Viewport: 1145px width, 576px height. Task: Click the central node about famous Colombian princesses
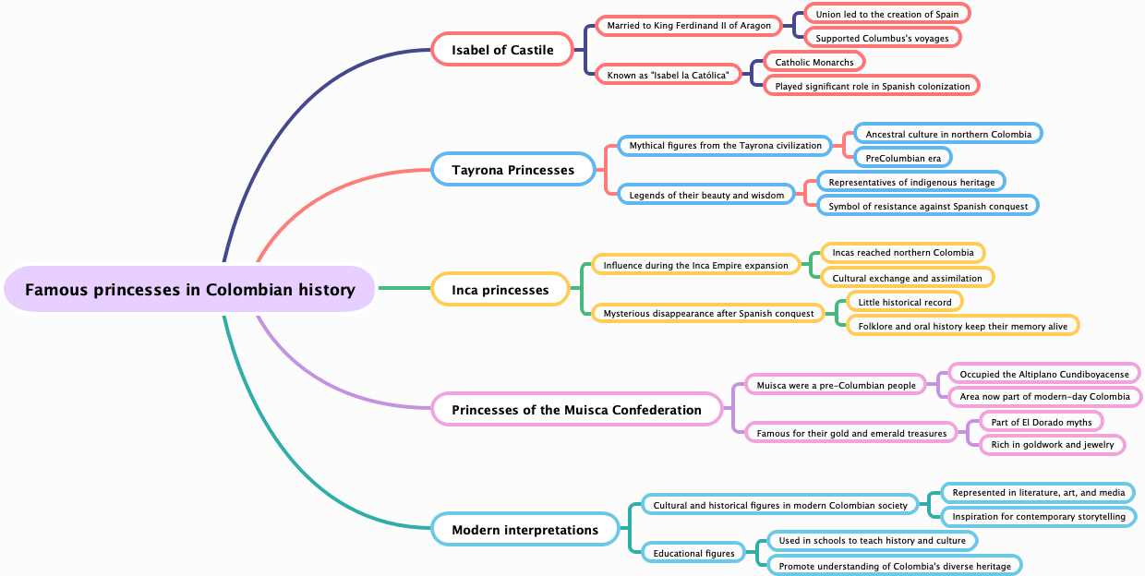[189, 290]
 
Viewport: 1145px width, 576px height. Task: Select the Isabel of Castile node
[502, 50]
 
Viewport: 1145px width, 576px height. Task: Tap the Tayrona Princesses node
[512, 170]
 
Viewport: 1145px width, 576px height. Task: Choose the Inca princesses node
[500, 290]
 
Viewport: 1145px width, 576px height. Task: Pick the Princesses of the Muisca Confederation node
[576, 410]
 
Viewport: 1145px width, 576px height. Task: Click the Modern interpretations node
[524, 530]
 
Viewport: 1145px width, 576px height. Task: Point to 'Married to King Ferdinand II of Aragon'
[688, 26]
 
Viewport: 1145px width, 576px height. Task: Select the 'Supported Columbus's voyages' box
[882, 38]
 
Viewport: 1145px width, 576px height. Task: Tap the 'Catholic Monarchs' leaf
[814, 62]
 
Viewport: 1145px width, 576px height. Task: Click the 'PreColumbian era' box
[902, 158]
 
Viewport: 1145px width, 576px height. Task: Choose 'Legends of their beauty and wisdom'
[705, 195]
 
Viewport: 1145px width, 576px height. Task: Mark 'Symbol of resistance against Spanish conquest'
[927, 206]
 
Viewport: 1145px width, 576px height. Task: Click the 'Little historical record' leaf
[904, 302]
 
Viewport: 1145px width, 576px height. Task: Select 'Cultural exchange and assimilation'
[907, 278]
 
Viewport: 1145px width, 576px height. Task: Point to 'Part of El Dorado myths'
[1041, 422]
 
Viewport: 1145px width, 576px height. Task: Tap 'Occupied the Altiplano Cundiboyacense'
[1043, 374]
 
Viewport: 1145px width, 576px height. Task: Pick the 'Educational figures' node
[693, 553]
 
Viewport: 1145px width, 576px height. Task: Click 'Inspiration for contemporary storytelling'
[1038, 516]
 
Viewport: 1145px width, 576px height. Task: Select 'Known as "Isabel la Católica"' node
[668, 74]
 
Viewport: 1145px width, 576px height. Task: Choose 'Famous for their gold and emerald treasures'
[850, 433]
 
